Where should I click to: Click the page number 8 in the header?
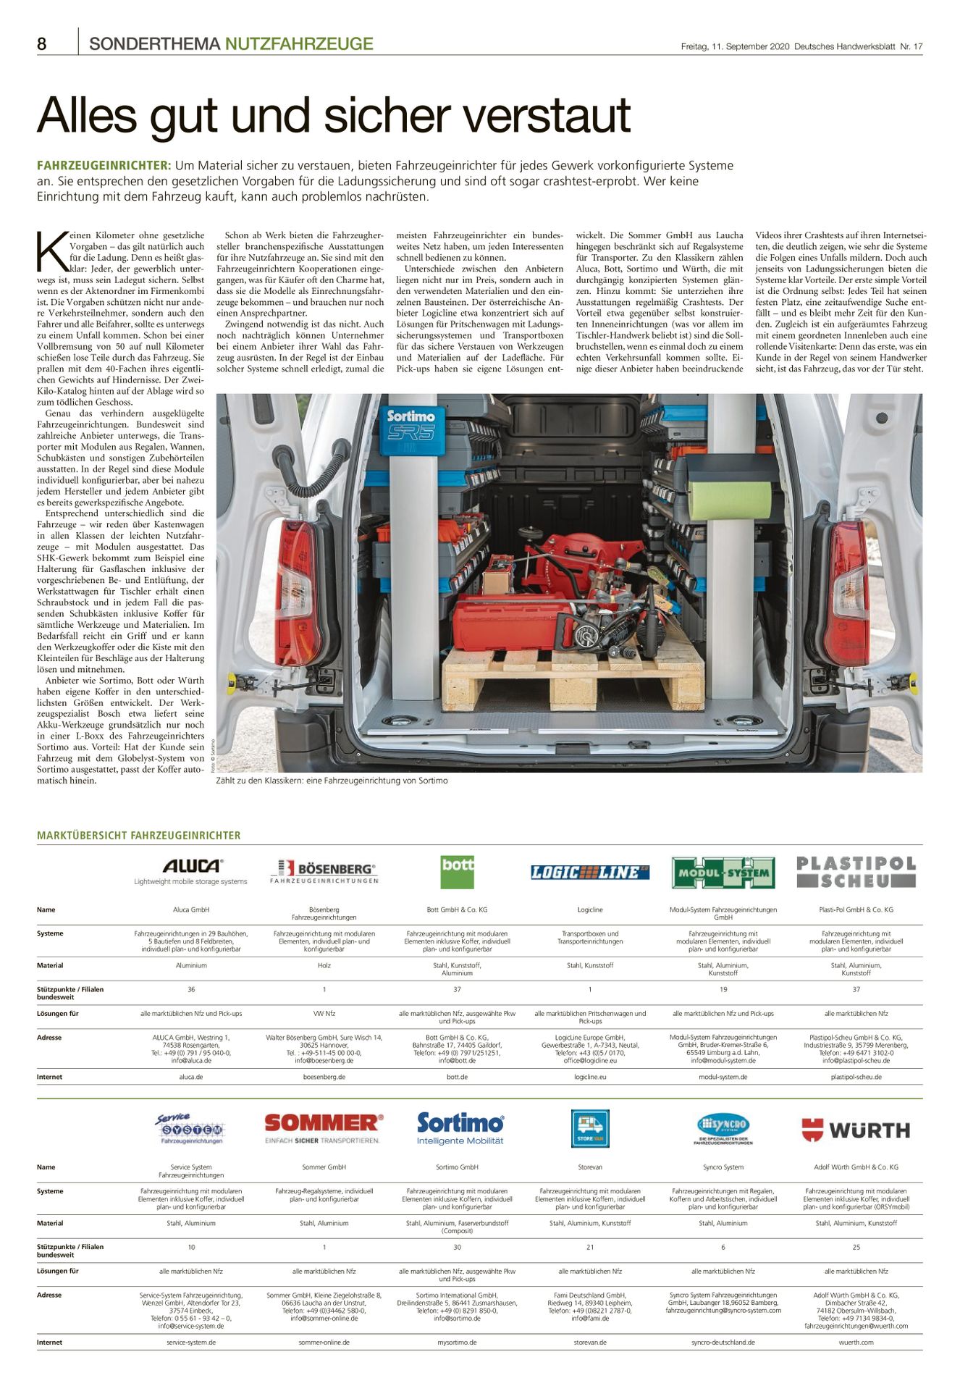pos(42,44)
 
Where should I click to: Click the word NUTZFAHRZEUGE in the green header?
pos(299,44)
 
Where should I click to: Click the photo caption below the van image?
pos(332,781)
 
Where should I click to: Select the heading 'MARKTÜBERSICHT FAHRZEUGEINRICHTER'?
pos(139,835)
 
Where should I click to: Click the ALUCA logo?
pos(191,867)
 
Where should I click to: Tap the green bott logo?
pos(457,872)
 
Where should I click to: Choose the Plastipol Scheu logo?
pos(856,872)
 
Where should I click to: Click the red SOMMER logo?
pos(324,1124)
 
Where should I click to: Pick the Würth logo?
pos(856,1130)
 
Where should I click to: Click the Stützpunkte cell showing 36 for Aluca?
pos(191,989)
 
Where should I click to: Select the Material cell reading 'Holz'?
pos(324,965)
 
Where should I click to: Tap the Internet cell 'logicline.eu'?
pos(590,1077)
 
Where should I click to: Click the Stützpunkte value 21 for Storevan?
pos(590,1247)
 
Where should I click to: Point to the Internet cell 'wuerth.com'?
pos(856,1342)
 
